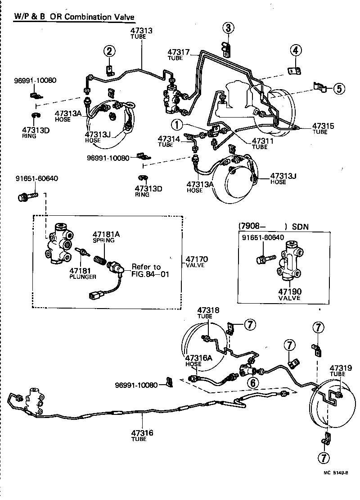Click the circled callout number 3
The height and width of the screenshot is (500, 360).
[228, 28]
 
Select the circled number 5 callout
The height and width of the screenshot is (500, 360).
[339, 88]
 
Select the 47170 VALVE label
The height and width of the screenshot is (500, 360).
[195, 261]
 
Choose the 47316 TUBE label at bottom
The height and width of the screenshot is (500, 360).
[142, 436]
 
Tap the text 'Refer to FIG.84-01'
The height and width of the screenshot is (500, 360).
[150, 270]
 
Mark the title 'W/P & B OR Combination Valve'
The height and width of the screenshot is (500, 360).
[74, 17]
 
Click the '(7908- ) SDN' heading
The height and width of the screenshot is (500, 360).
[274, 227]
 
